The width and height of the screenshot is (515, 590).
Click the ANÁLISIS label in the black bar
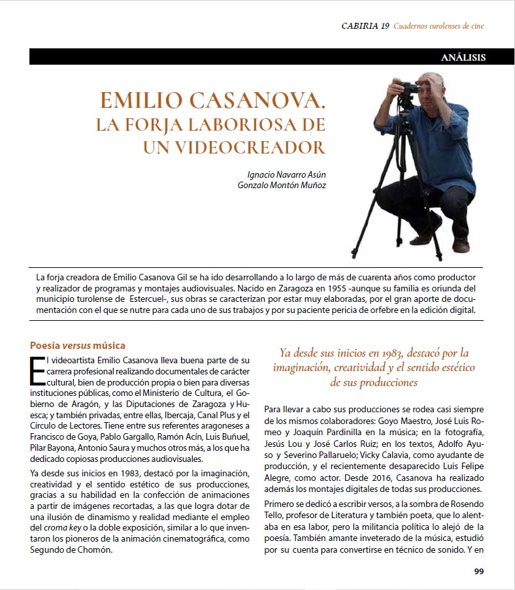click(463, 57)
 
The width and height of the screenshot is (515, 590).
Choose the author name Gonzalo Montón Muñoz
click(282, 185)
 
